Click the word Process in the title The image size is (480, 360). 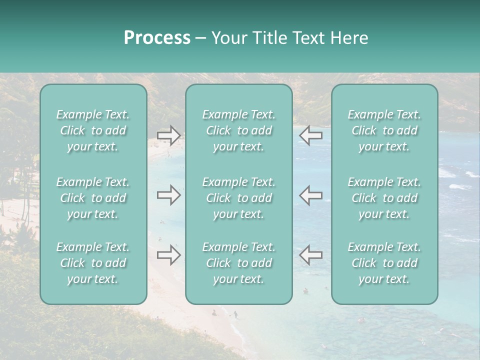coord(157,38)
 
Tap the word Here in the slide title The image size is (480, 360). coord(349,38)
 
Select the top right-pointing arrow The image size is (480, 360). coord(169,135)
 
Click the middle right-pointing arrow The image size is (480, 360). coord(169,195)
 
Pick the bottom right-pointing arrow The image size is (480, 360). coord(169,255)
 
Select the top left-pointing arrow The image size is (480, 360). coord(311,135)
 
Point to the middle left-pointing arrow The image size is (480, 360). coord(311,195)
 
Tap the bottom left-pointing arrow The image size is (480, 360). coord(311,255)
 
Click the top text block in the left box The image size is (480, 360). coord(93,130)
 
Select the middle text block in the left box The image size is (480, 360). coord(93,198)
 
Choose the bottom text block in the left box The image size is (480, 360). coord(93,263)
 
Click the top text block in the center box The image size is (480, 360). coord(239,130)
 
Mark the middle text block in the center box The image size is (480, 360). coord(239,198)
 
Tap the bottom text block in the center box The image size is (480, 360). coord(239,263)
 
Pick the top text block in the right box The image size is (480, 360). coord(384,130)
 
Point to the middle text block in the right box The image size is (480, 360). coord(384,198)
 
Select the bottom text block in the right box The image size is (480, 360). coord(384,263)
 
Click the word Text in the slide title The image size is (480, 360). coord(306,38)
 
